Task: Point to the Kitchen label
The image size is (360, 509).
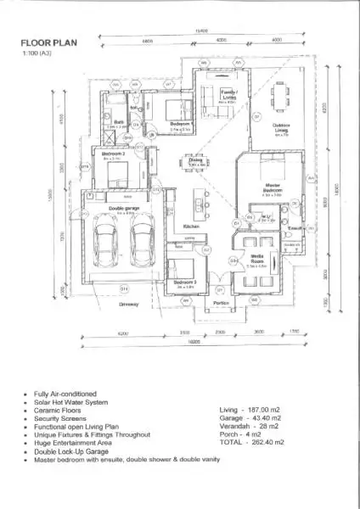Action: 191,227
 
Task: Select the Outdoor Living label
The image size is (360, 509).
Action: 283,129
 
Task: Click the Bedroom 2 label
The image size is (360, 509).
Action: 113,154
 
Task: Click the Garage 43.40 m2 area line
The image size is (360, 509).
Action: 250,421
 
